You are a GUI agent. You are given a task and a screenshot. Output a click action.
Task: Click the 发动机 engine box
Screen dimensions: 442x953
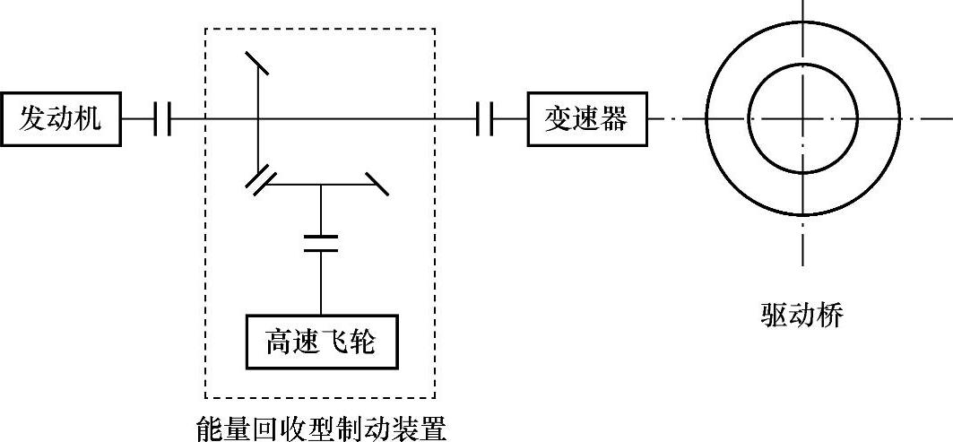[x=62, y=117]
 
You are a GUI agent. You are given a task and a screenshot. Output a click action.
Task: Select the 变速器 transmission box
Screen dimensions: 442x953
[x=586, y=117]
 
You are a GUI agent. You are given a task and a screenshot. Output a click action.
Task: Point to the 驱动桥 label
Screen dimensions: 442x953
[x=801, y=315]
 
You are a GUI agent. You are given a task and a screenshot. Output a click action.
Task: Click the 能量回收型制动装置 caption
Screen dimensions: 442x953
[x=321, y=427]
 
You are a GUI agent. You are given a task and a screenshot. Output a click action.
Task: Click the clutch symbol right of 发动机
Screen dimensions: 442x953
[x=162, y=117]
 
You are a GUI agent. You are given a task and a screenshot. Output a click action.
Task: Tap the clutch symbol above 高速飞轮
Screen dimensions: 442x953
[x=321, y=242]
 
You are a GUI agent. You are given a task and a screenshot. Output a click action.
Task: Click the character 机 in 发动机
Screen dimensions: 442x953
[x=100, y=117]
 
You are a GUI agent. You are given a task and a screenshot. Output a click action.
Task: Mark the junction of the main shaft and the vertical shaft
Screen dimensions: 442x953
[x=259, y=117]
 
